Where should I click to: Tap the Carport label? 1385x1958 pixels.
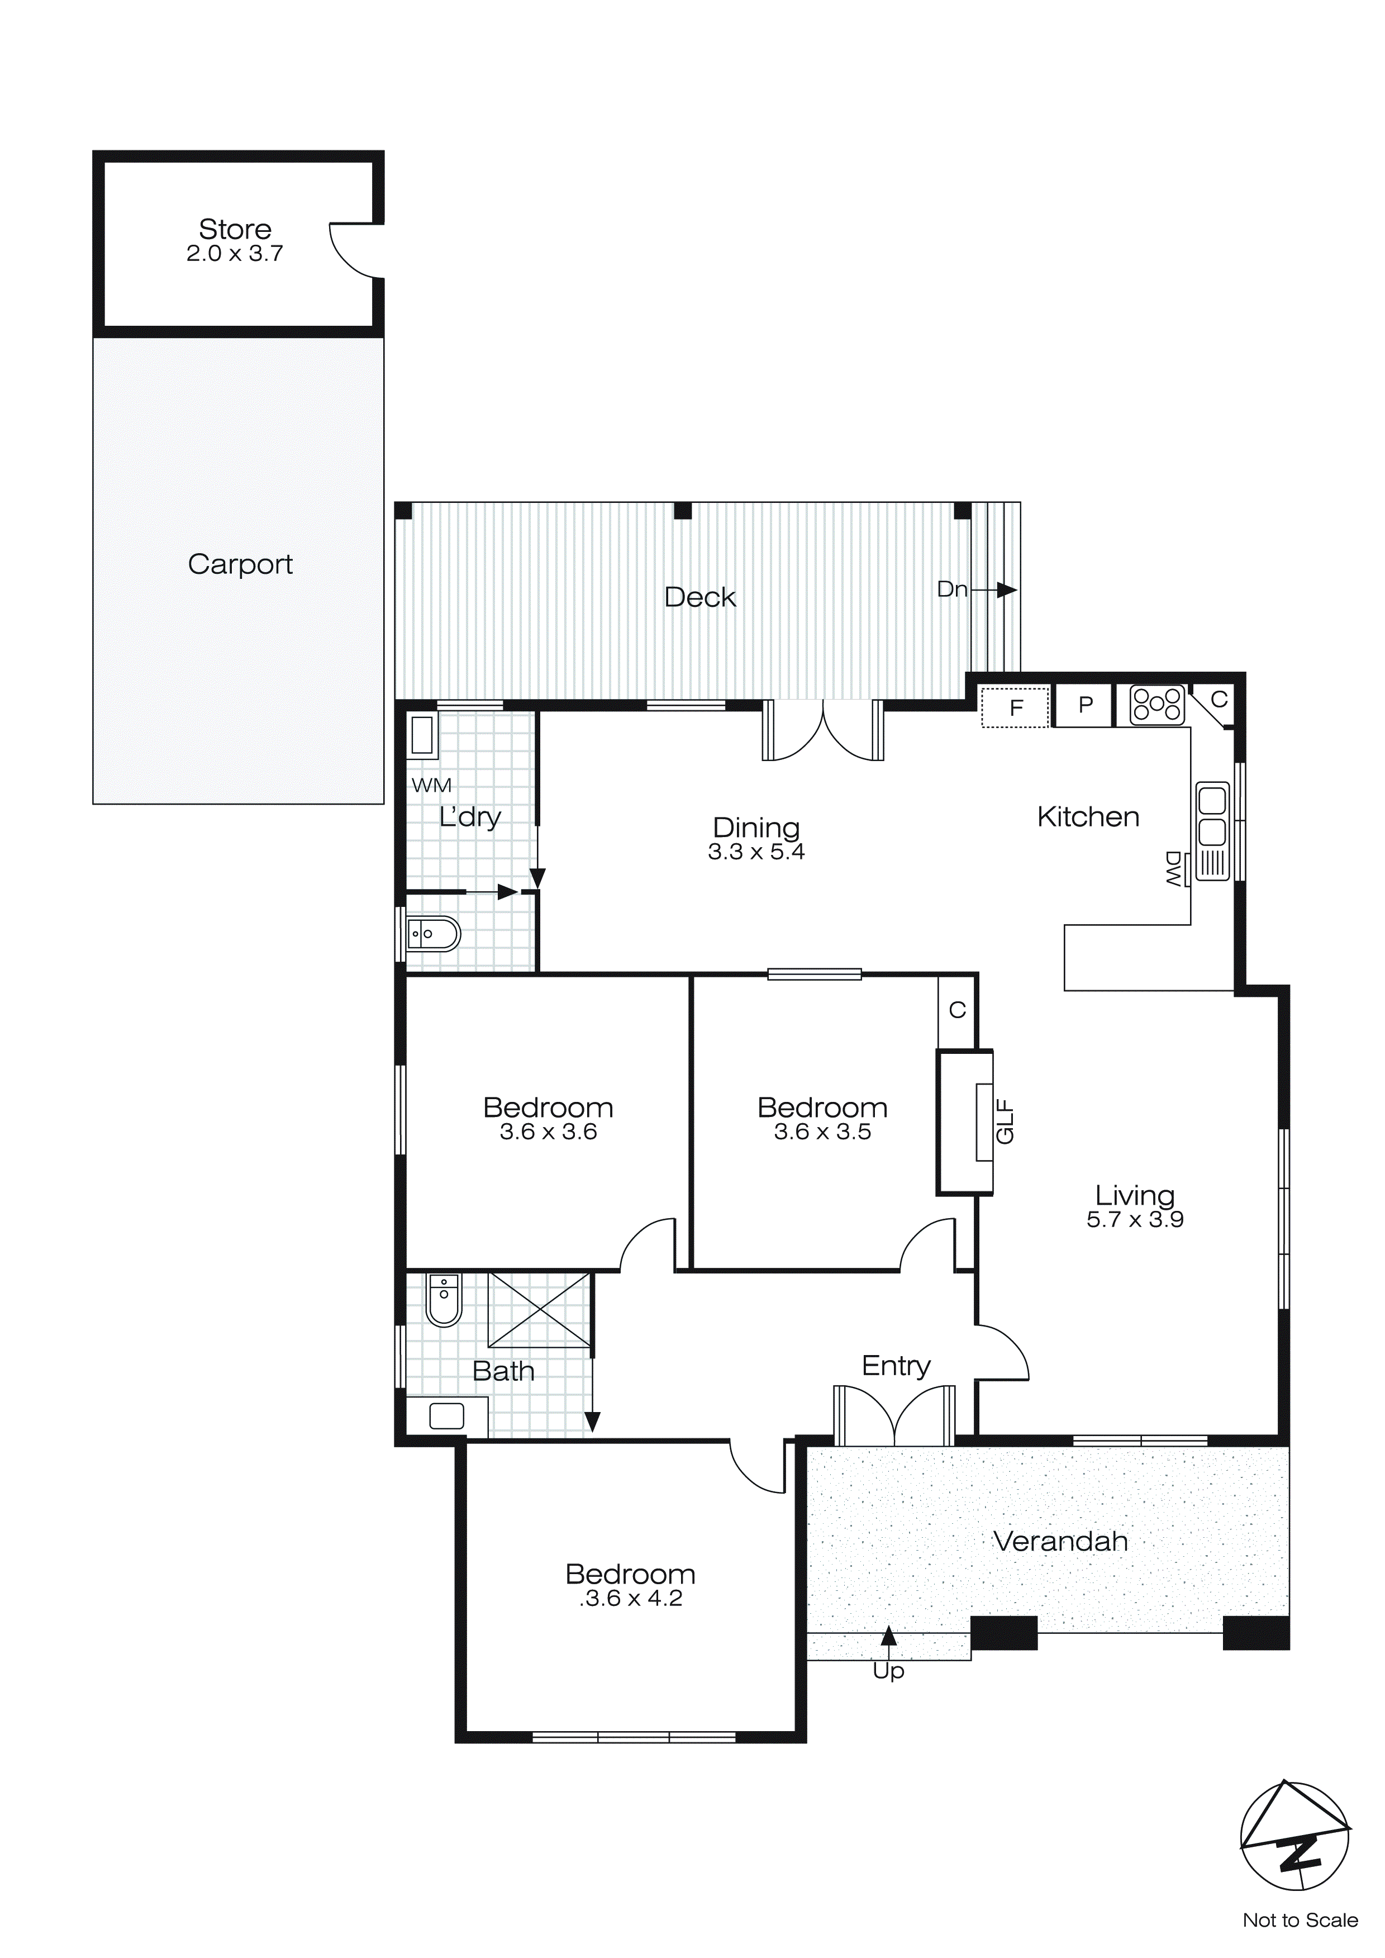click(x=240, y=564)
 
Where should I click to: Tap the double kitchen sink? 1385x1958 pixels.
click(x=1212, y=816)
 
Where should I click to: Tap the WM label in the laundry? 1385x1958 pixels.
click(x=431, y=786)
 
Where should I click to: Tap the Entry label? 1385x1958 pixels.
click(x=896, y=1365)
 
